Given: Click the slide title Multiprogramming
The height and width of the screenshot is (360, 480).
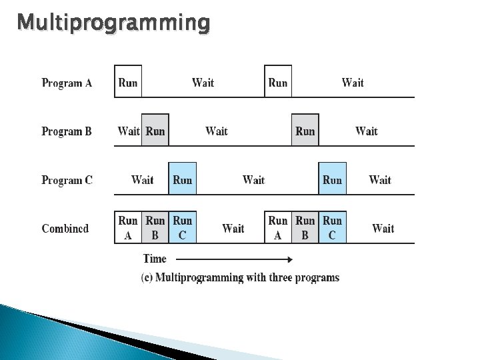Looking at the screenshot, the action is tap(113, 23).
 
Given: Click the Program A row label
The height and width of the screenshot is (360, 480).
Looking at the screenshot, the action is tap(67, 83).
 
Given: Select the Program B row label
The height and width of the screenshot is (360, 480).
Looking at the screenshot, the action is tap(67, 131).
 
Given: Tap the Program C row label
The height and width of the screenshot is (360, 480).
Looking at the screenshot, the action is tap(67, 180).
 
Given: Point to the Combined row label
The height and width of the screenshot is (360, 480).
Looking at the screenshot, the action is tap(65, 229).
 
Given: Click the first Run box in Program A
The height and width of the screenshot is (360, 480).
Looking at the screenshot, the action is tap(128, 82).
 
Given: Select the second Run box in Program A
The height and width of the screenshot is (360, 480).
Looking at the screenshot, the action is tap(278, 82).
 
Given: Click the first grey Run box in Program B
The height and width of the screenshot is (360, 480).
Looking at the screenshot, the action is tap(155, 131).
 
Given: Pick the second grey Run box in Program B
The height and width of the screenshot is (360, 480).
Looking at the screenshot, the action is tap(305, 131).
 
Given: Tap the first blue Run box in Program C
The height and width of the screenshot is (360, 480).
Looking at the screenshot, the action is tap(182, 179).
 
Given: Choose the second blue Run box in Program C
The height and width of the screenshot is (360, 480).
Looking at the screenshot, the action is tap(332, 179).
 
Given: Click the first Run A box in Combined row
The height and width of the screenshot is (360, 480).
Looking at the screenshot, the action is tap(128, 227).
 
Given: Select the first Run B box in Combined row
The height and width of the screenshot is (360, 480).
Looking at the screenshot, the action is tap(155, 227).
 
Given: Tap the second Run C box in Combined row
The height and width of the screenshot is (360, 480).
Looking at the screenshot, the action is tap(332, 227).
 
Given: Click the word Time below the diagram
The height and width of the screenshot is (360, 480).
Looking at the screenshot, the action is tap(155, 259).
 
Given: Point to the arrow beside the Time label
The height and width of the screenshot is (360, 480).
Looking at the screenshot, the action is tap(233, 259).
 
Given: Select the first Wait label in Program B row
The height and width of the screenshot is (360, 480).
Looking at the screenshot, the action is tap(128, 131).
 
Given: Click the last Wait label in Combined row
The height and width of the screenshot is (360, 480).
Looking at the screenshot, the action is tap(383, 229).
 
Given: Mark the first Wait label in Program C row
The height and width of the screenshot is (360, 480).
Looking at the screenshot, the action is tap(142, 180).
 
